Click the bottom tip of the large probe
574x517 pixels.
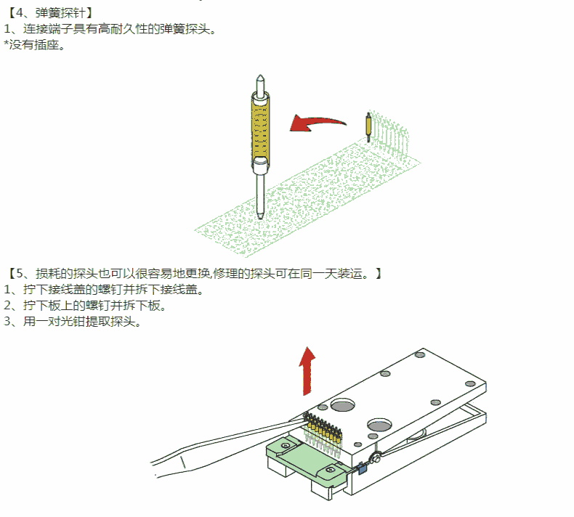point(260,216)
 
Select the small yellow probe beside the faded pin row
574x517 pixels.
point(370,128)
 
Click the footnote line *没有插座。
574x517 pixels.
point(35,45)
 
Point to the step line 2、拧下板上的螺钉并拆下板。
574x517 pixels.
point(85,305)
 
